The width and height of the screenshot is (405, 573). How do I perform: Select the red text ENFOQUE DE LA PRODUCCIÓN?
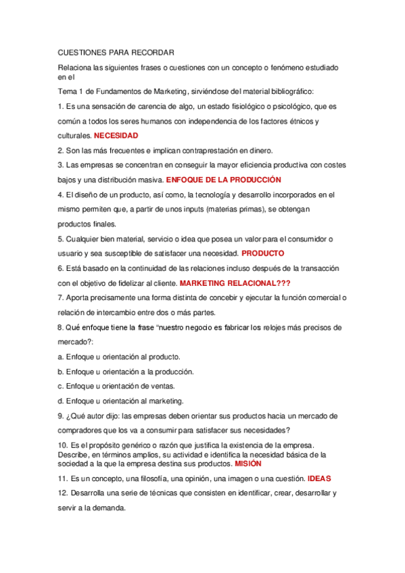(223, 180)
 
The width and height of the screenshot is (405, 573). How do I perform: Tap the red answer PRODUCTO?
(263, 253)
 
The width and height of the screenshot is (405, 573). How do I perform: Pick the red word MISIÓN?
(248, 464)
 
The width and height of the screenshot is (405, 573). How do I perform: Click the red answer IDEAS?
(319, 478)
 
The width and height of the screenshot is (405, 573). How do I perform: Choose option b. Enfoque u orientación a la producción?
(126, 372)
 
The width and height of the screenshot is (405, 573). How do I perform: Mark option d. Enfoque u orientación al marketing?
(120, 401)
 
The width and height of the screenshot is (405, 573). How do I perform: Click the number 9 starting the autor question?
(61, 416)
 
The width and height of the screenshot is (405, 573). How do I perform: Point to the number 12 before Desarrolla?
(63, 493)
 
